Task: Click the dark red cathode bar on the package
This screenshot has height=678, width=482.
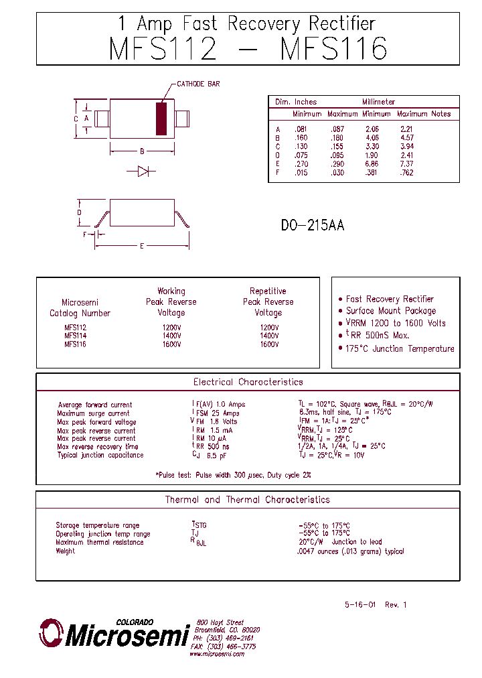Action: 161,119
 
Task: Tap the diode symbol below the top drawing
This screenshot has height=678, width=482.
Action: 142,172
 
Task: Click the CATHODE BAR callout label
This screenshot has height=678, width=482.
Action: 198,84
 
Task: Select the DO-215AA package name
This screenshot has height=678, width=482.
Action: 313,226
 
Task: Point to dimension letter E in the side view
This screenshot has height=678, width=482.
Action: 142,246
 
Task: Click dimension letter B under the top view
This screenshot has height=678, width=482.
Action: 142,151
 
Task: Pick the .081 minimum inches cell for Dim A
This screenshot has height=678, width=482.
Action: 300,129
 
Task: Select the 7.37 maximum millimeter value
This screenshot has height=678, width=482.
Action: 406,164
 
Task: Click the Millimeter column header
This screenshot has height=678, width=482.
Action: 379,102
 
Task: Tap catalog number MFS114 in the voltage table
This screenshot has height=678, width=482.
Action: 75,336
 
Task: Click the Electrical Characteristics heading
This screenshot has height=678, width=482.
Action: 248,382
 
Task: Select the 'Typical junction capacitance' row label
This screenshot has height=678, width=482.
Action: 100,456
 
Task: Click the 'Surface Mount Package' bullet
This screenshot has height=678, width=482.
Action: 391,311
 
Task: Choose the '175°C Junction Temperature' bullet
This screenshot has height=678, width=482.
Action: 400,348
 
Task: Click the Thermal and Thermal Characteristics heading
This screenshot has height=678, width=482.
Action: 248,500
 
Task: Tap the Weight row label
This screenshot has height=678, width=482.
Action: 66,551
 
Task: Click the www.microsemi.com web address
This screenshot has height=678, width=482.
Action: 217,654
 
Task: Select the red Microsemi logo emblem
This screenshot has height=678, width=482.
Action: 51,632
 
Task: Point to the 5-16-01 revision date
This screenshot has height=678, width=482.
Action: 361,604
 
